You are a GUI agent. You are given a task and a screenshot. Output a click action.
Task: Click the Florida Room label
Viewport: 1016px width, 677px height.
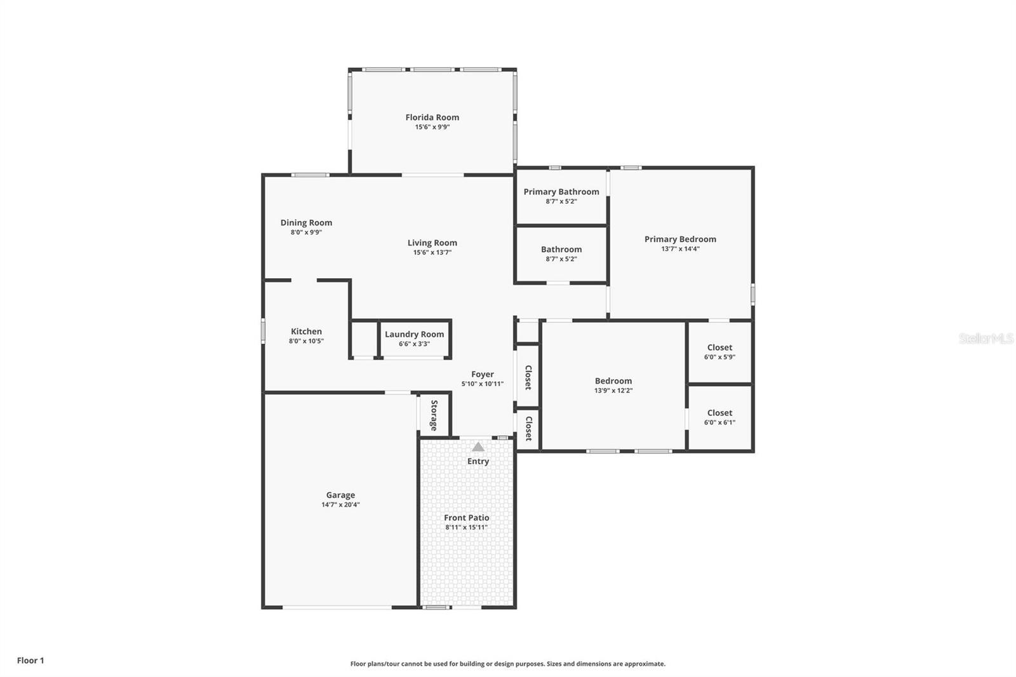coord(432,117)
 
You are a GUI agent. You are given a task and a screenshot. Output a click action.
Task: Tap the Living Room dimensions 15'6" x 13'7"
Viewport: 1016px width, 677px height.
coord(432,253)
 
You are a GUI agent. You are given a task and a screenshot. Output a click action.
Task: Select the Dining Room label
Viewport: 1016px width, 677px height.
coord(306,223)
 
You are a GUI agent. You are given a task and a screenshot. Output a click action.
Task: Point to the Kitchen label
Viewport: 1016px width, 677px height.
coord(306,332)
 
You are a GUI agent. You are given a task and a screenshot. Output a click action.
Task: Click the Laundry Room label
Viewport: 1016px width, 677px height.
coord(414,335)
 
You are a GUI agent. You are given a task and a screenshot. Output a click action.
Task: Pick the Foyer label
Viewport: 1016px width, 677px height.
coord(482,375)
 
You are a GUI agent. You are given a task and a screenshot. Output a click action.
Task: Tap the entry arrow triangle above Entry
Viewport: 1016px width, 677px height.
coord(478,447)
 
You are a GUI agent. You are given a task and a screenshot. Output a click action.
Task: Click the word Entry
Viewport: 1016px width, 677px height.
coord(478,462)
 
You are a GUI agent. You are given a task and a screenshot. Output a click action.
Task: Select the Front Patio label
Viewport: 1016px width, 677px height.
coord(466,518)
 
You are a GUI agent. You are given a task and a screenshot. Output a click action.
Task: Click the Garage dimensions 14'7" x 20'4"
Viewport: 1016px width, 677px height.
coord(340,505)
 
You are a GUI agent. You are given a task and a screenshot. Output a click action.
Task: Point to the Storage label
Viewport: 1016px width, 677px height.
coord(434,415)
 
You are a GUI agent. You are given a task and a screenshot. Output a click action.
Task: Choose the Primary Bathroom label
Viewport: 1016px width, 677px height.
coord(561,192)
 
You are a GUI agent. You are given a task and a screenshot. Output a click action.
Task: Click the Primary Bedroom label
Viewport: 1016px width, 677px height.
coord(680,239)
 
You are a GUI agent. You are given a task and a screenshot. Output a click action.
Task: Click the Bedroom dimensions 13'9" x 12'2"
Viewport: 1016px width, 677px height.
coord(613,391)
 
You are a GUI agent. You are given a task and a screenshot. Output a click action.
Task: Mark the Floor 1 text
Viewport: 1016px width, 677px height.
coord(30,660)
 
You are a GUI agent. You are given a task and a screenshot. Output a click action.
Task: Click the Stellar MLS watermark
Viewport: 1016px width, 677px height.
coord(986,338)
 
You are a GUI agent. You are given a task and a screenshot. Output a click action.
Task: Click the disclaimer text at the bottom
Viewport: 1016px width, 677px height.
coord(507,664)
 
